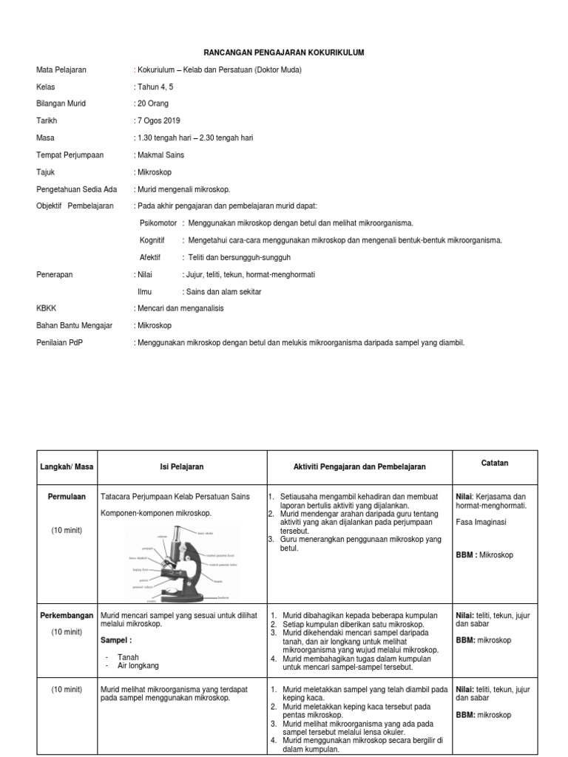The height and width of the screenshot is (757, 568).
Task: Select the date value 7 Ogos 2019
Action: pyautogui.click(x=158, y=120)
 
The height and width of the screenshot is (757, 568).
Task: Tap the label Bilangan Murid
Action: pyautogui.click(x=61, y=103)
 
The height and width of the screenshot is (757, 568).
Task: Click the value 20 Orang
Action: pyautogui.click(x=153, y=103)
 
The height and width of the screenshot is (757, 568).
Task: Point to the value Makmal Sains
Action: pyautogui.click(x=160, y=155)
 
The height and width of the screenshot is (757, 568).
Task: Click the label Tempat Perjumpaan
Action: pyautogui.click(x=70, y=155)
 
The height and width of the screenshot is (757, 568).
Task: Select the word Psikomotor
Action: pyautogui.click(x=158, y=223)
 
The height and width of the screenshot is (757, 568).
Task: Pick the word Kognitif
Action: pyautogui.click(x=153, y=240)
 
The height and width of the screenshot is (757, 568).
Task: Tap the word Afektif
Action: pyautogui.click(x=151, y=257)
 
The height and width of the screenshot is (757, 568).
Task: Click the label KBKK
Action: pyautogui.click(x=47, y=308)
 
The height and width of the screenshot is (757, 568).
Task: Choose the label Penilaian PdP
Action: pyautogui.click(x=60, y=343)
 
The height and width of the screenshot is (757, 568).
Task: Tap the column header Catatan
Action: pyautogui.click(x=495, y=464)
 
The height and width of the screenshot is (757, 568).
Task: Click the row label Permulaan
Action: pyautogui.click(x=67, y=496)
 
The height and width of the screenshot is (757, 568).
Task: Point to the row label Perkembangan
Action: pyautogui.click(x=67, y=615)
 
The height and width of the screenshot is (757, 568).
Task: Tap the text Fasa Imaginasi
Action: pyautogui.click(x=484, y=521)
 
